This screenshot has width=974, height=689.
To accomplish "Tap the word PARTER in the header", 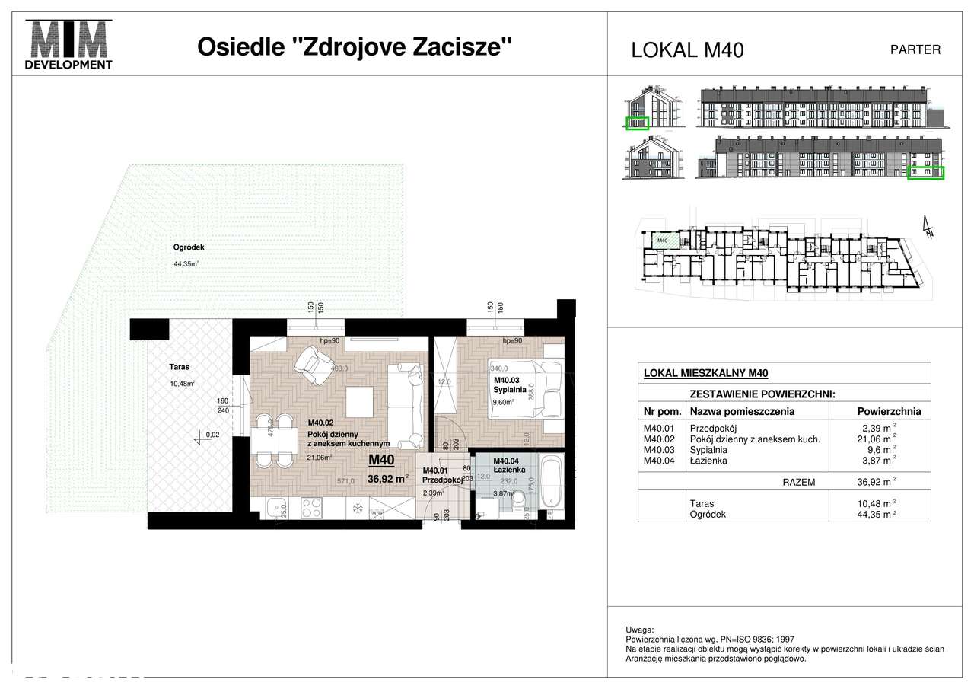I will (x=915, y=49).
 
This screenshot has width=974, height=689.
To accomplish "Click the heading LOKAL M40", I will (x=687, y=50).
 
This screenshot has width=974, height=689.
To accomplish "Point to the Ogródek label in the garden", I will (x=188, y=247).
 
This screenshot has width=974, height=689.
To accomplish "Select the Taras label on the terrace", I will (x=180, y=367).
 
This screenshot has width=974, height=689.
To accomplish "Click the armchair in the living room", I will (x=314, y=364).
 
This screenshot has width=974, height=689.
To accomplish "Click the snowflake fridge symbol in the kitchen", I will (x=356, y=506).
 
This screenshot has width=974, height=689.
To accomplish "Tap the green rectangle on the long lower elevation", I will (x=926, y=173).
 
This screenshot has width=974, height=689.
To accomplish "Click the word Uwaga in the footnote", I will (x=638, y=630).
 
